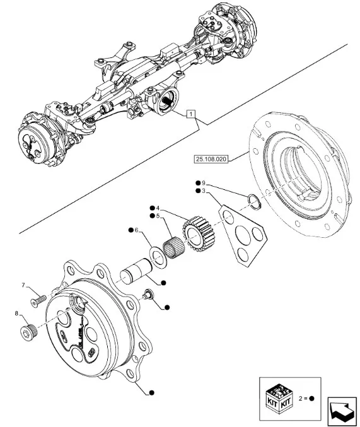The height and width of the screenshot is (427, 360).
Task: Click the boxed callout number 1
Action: (191, 114)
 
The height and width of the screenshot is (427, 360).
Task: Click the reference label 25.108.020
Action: (211, 159)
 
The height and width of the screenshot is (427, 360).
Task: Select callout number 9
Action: (204, 182)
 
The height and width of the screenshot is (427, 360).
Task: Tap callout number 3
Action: (204, 191)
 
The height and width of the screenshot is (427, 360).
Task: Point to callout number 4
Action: (158, 208)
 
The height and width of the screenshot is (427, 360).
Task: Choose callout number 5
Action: (158, 216)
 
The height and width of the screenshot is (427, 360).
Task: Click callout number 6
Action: (136, 230)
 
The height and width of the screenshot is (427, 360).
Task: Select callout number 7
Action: (23, 285)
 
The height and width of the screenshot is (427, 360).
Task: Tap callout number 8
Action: (16, 313)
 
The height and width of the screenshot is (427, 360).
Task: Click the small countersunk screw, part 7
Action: (38, 301)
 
